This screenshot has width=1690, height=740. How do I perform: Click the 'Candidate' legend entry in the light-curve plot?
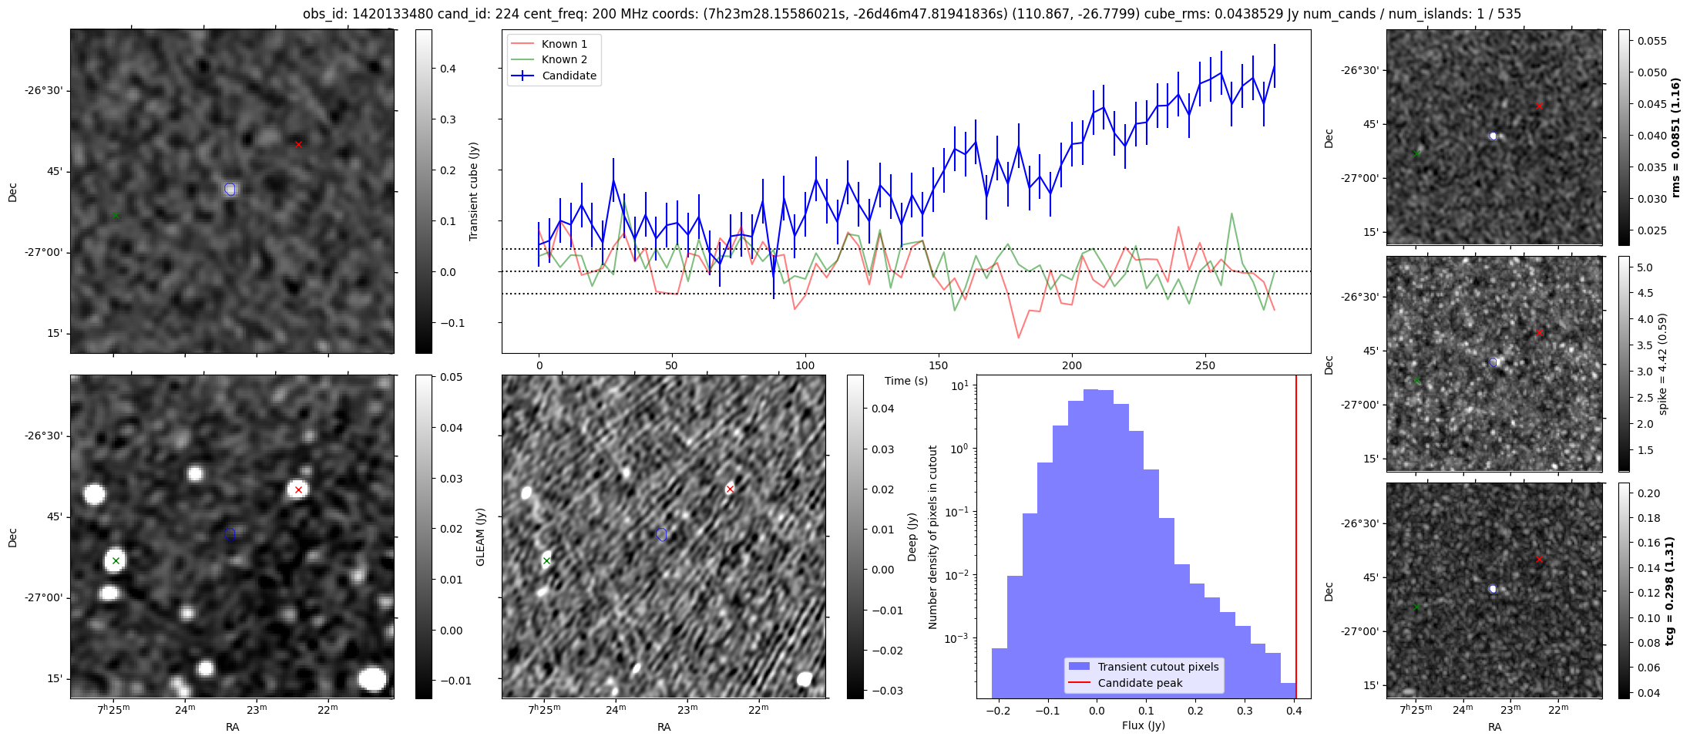[x=569, y=76]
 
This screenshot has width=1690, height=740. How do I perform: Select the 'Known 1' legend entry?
[x=564, y=44]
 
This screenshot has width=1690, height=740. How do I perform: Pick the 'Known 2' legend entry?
[x=564, y=59]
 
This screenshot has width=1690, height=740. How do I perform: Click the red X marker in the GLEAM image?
[x=298, y=489]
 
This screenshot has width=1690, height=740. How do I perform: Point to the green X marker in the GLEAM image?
[x=116, y=560]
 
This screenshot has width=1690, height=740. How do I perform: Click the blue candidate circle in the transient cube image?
[x=230, y=189]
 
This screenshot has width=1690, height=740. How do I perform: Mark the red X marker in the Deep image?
[x=730, y=489]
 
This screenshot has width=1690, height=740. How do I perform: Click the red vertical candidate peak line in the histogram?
[x=1296, y=540]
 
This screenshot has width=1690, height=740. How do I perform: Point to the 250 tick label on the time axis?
[x=1205, y=365]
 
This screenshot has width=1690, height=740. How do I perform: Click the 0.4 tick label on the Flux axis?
[x=1294, y=711]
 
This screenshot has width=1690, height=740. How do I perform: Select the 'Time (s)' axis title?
[x=906, y=381]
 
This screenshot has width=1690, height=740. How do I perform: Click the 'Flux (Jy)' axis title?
[x=1144, y=725]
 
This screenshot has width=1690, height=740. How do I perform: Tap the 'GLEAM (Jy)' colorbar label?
[x=481, y=536]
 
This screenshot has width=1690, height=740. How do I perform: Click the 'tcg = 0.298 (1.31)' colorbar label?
[x=1669, y=590]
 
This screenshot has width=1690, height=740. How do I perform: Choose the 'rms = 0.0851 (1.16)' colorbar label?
[x=1675, y=137]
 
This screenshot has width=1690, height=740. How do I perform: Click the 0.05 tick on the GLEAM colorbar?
[x=452, y=377]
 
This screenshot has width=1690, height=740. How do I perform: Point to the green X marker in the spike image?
[x=1416, y=380]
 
